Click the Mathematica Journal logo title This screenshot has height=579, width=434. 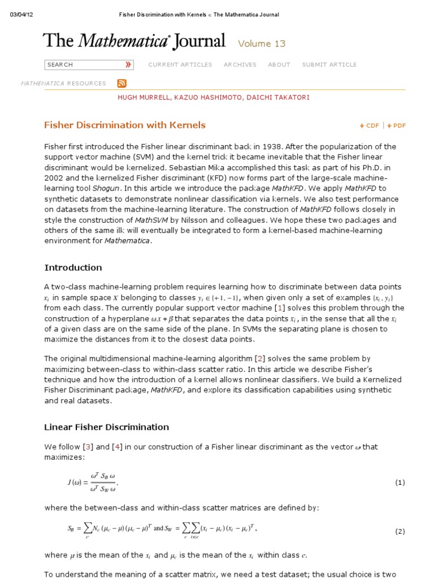point(134,41)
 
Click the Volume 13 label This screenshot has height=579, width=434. point(262,44)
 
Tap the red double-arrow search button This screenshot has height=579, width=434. point(128,64)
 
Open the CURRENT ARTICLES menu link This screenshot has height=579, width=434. point(180,64)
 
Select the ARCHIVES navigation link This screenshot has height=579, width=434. point(240,64)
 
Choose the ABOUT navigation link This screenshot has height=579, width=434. point(279,64)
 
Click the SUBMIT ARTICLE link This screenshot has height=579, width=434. point(329,64)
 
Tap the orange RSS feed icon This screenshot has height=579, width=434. point(121,83)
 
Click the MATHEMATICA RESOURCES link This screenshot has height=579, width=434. point(63,83)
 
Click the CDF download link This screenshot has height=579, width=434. point(370,126)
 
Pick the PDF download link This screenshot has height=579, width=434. point(396,126)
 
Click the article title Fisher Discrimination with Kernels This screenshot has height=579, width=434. point(125,125)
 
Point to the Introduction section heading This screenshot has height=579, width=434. point(73,267)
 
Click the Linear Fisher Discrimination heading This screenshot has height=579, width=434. point(107,427)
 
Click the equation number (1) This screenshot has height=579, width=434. point(400,482)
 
